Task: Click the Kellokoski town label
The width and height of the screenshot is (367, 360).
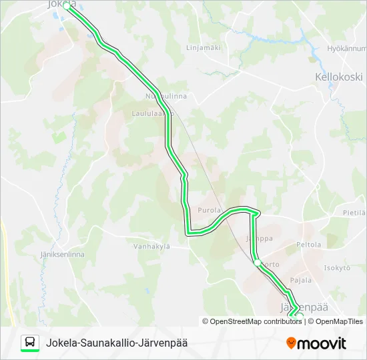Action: [338, 77]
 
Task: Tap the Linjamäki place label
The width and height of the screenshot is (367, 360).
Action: [204, 47]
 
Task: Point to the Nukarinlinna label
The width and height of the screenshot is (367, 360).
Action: [166, 96]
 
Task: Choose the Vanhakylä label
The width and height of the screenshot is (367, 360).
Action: [151, 246]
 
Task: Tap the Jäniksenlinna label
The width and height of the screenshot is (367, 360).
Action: [58, 255]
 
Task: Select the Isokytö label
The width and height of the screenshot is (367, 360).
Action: [337, 268]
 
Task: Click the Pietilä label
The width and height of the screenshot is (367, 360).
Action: [354, 213]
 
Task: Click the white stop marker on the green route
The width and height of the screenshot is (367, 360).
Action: [258, 263]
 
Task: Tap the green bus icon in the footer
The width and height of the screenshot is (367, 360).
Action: [30, 343]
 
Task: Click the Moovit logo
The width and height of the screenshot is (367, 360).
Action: [316, 343]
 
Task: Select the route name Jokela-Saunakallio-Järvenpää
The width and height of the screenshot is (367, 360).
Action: [117, 343]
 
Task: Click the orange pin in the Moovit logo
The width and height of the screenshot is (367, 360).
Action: [292, 343]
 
